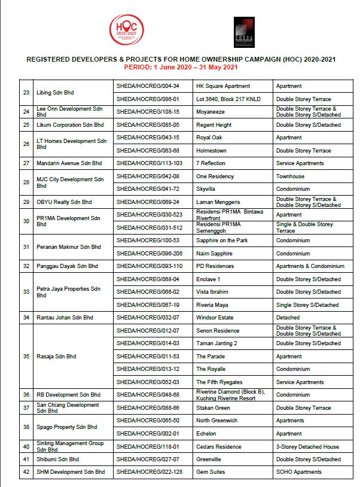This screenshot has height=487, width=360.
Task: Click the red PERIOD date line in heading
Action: click(179, 68)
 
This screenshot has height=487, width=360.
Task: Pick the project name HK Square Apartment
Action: click(223, 86)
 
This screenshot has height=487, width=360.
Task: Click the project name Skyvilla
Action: click(207, 189)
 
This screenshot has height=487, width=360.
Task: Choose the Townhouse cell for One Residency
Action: click(290, 176)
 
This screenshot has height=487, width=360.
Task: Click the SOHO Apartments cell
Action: click(299, 472)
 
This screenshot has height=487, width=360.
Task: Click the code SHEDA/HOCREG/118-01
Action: click(149, 446)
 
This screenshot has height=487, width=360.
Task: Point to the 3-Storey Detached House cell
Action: click(307, 446)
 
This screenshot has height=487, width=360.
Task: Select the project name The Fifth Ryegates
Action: click(220, 382)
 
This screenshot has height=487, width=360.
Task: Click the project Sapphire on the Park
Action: click(222, 241)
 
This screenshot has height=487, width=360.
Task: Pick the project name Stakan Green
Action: click(213, 408)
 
